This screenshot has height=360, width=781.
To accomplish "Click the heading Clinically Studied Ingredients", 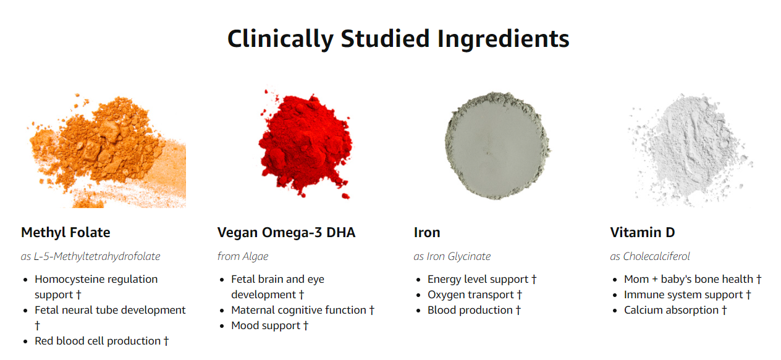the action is click(398, 39).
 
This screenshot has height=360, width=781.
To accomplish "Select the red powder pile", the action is click(305, 144).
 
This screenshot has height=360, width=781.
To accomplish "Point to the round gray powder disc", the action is click(497, 146).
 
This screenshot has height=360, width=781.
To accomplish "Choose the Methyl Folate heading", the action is click(65, 232).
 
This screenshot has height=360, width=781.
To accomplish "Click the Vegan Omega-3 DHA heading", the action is click(286, 232).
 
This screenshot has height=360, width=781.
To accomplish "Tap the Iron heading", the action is click(427, 232).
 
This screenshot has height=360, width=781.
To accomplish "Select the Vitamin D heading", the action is click(643, 232).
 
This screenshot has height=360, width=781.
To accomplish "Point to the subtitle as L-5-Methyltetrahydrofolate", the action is click(90, 256).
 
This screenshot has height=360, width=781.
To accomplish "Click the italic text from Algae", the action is click(243, 256).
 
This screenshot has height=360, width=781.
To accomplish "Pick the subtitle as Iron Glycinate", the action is click(452, 256).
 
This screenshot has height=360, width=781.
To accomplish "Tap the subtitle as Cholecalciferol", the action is click(650, 256).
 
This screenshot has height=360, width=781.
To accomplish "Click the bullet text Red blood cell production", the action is click(98, 341).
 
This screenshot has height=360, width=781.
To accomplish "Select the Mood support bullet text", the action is click(266, 325).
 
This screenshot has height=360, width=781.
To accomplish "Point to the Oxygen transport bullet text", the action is click(471, 295).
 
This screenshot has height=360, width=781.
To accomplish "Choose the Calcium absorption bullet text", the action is click(671, 310).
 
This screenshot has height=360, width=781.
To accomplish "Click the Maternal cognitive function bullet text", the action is click(298, 310).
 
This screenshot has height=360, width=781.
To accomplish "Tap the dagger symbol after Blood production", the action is click(518, 310).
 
